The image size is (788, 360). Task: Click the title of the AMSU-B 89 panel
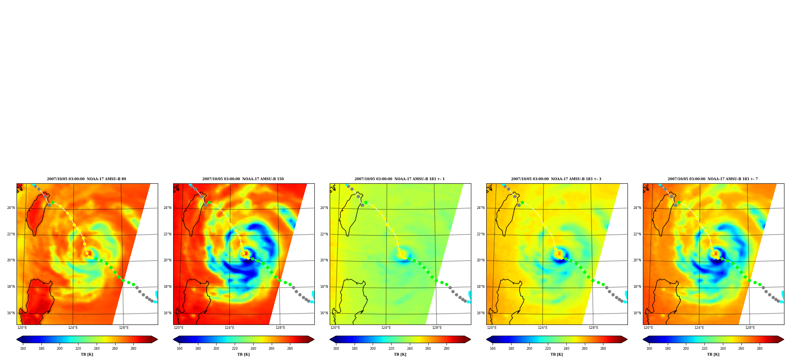[86, 179]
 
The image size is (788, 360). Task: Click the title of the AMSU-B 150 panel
[243, 179]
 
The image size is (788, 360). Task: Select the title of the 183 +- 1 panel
[400, 179]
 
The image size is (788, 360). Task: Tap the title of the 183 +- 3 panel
[556, 179]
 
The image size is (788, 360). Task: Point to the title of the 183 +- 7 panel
[713, 179]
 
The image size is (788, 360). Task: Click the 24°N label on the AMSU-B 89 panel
[11, 208]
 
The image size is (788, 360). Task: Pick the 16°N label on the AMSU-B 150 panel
[167, 313]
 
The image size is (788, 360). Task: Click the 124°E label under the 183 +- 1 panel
[386, 328]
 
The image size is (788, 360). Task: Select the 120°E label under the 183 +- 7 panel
[648, 328]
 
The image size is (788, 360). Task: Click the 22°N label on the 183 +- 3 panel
[480, 234]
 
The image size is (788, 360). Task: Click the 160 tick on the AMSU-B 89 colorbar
[23, 349]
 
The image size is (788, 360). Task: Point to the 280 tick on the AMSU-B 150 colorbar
[290, 349]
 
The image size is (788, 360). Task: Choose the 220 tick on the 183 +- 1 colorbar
[391, 349]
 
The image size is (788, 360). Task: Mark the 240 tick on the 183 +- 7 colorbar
[723, 349]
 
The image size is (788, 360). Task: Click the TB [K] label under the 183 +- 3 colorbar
[556, 354]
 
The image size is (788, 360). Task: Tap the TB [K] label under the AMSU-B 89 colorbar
[87, 354]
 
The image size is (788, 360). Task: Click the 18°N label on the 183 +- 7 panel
[637, 287]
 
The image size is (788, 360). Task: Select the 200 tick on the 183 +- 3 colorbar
[529, 349]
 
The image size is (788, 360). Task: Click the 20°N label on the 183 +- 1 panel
[324, 260]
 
